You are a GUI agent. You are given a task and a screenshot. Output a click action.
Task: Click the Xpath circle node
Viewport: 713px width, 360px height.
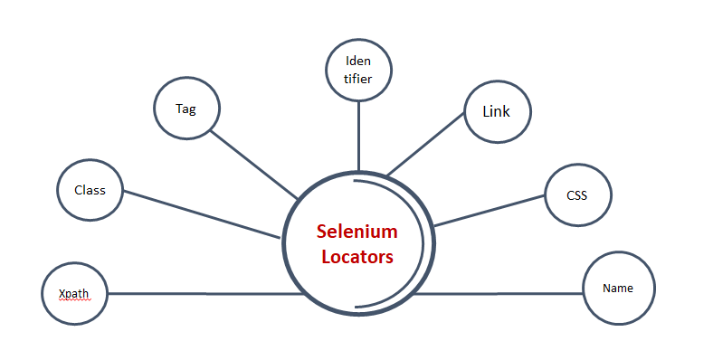[x=76, y=293]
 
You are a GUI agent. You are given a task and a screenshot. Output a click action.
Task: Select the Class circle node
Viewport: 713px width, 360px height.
[x=90, y=190]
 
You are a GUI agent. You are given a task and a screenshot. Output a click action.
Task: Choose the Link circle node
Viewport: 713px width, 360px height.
[x=497, y=112]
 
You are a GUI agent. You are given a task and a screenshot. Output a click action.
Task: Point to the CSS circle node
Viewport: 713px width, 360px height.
[x=577, y=194]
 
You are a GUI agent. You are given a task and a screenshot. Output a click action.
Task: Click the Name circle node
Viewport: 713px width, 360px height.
[x=618, y=289]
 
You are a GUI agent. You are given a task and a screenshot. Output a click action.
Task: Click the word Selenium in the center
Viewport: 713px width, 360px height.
[x=356, y=232]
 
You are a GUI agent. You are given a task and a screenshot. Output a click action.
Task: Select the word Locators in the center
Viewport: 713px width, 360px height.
[x=357, y=257]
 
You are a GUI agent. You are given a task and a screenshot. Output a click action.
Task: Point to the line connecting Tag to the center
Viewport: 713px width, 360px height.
[x=253, y=165]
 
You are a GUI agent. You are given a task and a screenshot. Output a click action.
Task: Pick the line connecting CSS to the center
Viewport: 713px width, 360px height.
[x=489, y=210]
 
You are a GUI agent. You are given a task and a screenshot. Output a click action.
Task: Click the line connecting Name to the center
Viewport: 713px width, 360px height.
[x=498, y=293]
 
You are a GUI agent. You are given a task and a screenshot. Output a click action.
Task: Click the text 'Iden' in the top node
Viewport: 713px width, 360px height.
[x=358, y=62]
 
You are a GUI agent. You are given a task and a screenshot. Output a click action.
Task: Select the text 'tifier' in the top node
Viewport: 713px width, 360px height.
[x=358, y=79]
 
